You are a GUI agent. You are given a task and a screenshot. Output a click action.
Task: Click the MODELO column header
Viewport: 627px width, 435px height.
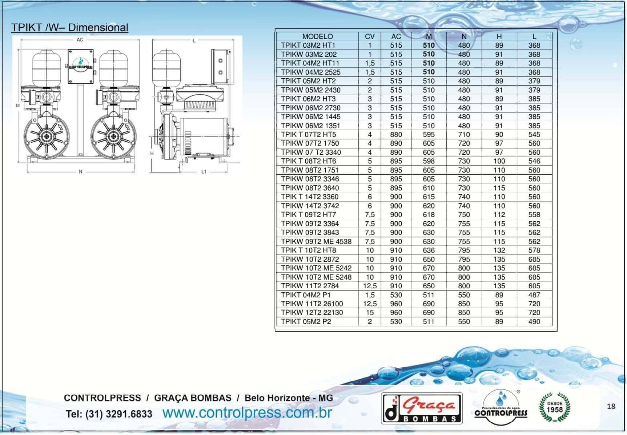pyautogui.click(x=317, y=36)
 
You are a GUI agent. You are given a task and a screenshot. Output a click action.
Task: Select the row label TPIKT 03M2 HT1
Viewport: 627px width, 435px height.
pyautogui.click(x=308, y=46)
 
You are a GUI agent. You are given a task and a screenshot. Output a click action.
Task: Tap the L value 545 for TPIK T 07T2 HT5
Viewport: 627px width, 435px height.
pyautogui.click(x=534, y=135)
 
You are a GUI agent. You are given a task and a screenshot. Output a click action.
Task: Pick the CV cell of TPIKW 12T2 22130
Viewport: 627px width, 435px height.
pyautogui.click(x=370, y=313)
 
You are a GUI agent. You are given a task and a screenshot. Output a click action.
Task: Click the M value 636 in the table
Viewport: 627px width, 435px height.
pyautogui.click(x=429, y=250)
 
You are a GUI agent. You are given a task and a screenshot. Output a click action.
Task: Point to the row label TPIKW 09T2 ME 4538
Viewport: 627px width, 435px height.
pyautogui.click(x=316, y=241)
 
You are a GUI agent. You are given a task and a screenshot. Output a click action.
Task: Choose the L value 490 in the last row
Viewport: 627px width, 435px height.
pyautogui.click(x=534, y=322)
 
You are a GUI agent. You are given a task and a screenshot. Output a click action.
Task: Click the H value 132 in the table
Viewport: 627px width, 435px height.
pyautogui.click(x=499, y=250)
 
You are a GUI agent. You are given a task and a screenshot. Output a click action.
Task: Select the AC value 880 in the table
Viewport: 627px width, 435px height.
pyautogui.click(x=396, y=135)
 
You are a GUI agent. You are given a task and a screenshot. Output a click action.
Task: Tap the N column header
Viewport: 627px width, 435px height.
pyautogui.click(x=464, y=36)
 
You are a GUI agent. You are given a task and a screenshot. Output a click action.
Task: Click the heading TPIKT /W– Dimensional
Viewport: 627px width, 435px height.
pyautogui.click(x=70, y=28)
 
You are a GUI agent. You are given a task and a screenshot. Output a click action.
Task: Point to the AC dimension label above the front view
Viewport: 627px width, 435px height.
pyautogui.click(x=80, y=40)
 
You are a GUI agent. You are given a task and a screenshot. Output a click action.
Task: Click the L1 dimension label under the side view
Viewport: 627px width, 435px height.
pyautogui.click(x=204, y=172)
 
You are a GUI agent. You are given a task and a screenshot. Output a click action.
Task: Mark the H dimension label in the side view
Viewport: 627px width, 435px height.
pyautogui.click(x=152, y=153)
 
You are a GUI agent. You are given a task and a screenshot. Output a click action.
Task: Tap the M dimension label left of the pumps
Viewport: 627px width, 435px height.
pyautogui.click(x=18, y=106)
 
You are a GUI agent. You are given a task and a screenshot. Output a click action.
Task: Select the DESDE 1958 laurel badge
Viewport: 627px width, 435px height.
pyautogui.click(x=554, y=407)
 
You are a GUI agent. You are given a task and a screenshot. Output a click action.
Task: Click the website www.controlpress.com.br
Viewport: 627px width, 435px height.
pyautogui.click(x=247, y=413)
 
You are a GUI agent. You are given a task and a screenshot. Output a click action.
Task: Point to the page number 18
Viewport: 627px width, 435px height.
pyautogui.click(x=611, y=407)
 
